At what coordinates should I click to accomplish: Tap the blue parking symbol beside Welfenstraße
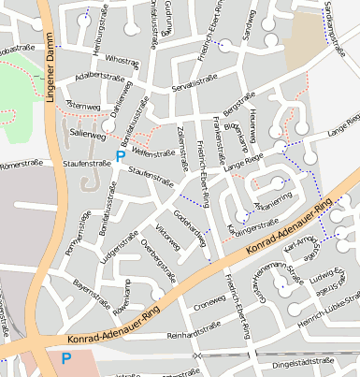click(x=119, y=156)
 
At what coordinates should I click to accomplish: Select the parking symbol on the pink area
click(x=65, y=357)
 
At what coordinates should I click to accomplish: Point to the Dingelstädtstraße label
click(x=302, y=360)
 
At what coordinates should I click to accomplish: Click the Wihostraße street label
click(x=122, y=59)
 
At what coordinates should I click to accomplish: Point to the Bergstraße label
click(x=238, y=102)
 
